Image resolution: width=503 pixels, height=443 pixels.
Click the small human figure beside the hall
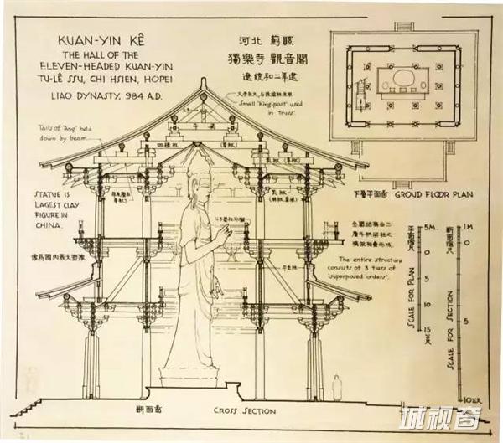(x=337, y=387)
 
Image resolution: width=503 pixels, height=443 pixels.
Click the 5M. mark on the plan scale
(x=428, y=227)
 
